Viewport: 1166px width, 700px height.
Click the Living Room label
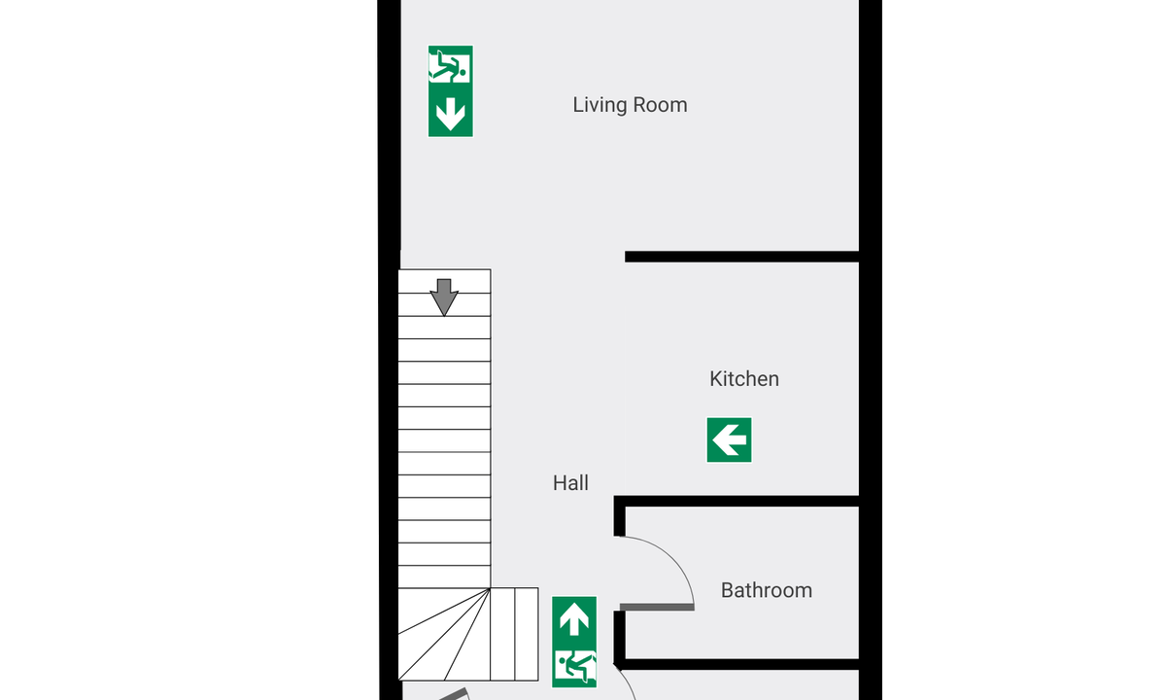630,105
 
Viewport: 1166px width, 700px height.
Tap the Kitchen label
744,378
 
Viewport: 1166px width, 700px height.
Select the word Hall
570,483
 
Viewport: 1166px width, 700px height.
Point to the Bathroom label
767,590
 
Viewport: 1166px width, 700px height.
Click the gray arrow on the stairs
444,297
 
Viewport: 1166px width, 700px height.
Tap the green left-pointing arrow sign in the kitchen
730,439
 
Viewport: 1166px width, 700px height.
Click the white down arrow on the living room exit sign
450,114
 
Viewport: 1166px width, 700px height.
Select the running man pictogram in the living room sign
450,66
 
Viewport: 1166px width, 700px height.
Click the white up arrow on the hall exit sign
574,618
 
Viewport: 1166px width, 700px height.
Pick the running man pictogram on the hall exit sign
574,666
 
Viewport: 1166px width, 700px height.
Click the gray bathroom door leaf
657,607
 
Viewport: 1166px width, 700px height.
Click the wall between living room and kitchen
741,257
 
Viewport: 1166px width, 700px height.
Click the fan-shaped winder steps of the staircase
444,634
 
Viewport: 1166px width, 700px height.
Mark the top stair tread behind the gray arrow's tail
444,281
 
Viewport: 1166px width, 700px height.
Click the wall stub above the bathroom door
620,515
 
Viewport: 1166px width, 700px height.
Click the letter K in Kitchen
716,378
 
